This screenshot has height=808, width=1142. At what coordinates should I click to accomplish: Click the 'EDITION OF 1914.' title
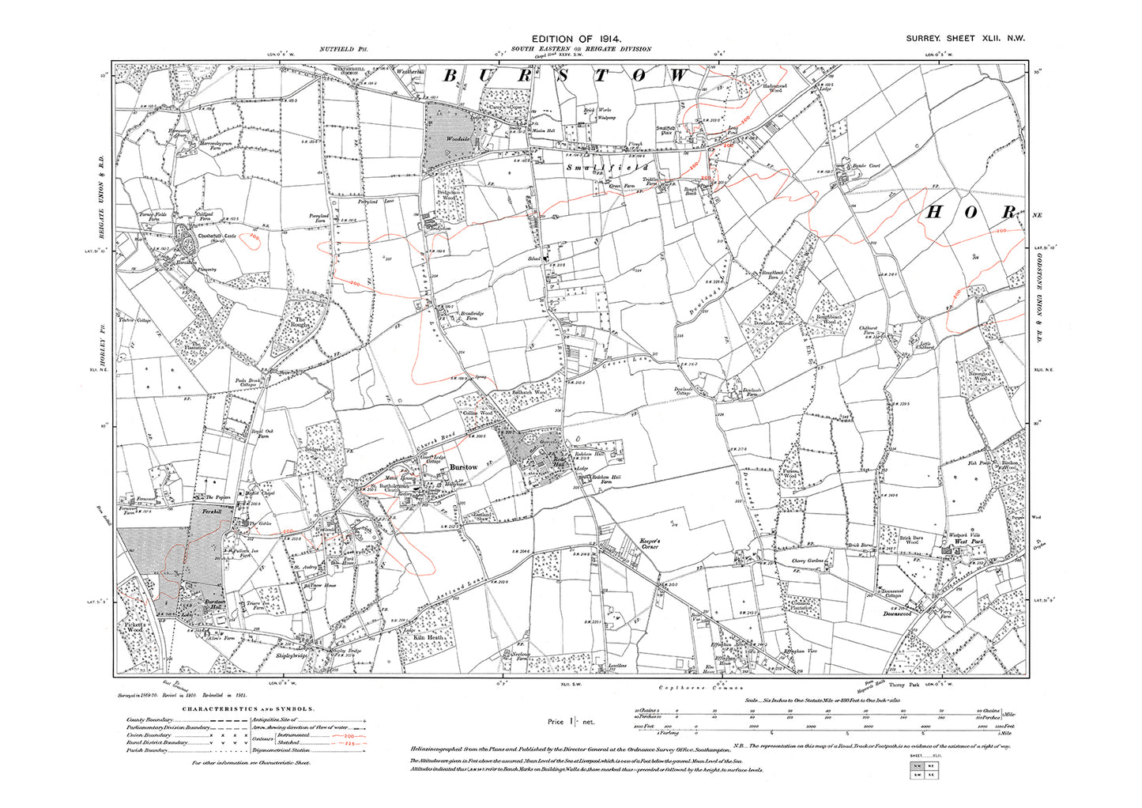[576, 38]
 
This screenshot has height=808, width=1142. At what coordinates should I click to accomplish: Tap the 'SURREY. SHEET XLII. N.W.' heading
[965, 38]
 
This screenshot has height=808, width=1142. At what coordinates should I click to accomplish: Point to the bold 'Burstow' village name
[464, 467]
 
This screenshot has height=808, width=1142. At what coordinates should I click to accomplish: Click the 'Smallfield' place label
[608, 168]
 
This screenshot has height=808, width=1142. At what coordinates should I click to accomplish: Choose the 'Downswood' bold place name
[897, 614]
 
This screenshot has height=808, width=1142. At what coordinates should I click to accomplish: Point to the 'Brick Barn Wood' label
[911, 540]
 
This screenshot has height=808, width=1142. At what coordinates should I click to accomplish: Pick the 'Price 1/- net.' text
[571, 721]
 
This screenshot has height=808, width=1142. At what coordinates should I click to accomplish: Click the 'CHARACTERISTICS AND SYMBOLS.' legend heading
[249, 709]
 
